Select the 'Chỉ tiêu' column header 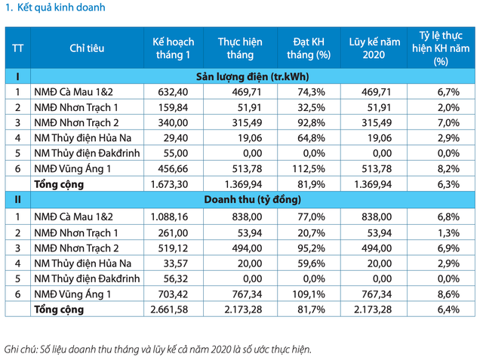(x=87, y=48)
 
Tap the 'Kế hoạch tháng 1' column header (x=173, y=48)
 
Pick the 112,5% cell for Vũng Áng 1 (x=312, y=169)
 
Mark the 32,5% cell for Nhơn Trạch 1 (x=312, y=107)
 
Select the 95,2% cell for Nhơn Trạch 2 (x=312, y=247)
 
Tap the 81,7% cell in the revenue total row (x=312, y=309)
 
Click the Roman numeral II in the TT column (x=17, y=200)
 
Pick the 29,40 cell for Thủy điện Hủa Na (x=174, y=138)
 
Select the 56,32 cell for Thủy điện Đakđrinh (x=174, y=278)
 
